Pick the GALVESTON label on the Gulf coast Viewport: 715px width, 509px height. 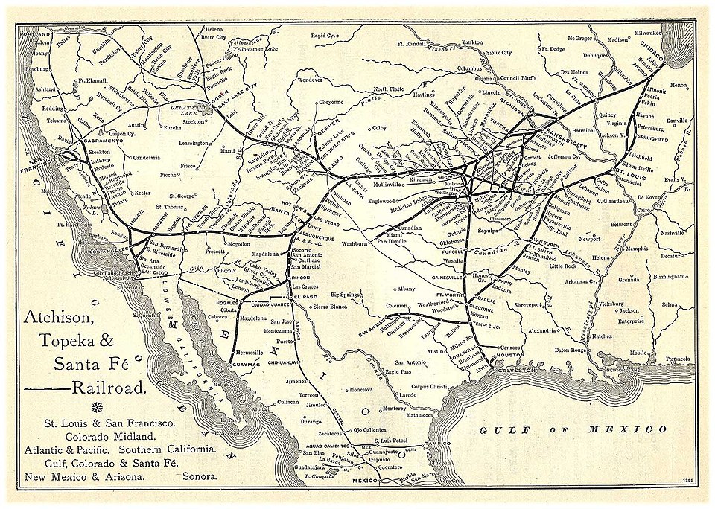pyautogui.click(x=514, y=368)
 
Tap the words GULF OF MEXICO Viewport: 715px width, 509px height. pyautogui.click(x=573, y=429)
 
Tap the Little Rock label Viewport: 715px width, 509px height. pyautogui.click(x=563, y=265)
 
